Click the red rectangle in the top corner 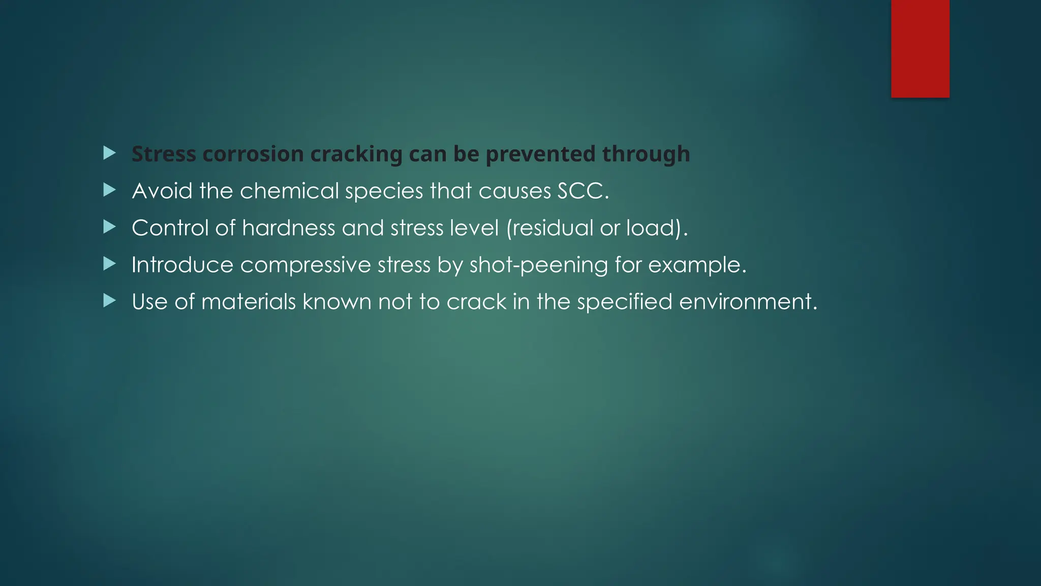pos(920,48)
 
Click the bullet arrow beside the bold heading pos(109,153)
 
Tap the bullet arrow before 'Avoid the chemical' pos(109,190)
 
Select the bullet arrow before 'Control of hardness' pos(109,227)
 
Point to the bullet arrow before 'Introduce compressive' pos(109,264)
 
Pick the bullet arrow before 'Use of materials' pos(109,301)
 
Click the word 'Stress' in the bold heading pos(164,154)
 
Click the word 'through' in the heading pos(646,154)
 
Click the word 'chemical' pos(289,191)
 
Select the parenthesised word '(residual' pos(549,228)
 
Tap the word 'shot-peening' pos(538,265)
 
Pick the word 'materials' pos(249,302)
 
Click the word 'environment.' pos(748,302)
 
